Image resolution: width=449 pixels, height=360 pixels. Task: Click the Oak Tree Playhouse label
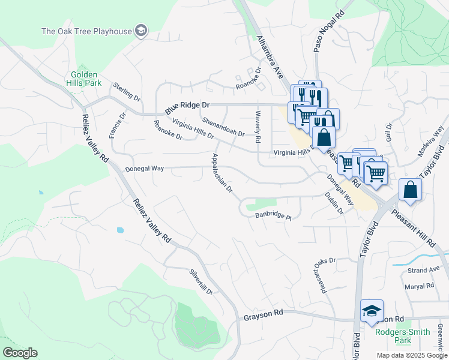86,31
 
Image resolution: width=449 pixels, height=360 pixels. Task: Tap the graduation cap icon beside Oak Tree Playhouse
141,31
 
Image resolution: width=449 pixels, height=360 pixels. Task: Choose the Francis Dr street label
118,125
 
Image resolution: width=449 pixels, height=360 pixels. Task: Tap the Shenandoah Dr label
223,126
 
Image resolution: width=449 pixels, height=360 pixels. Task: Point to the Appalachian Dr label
221,172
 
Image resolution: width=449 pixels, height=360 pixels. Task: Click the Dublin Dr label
335,202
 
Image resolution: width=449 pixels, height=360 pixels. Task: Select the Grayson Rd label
264,314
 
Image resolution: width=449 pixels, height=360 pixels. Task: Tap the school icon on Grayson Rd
372,311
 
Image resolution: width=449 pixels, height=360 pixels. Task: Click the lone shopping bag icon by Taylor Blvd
410,190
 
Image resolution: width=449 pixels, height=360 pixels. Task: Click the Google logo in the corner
20,353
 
